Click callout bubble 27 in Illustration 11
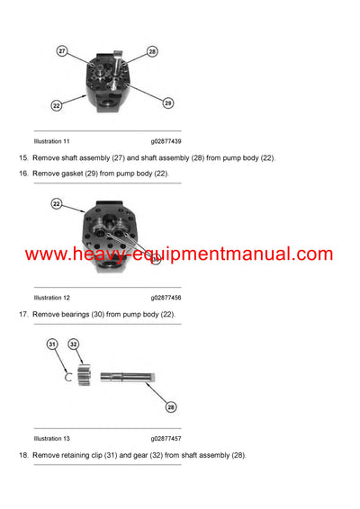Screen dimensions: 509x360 tap(63, 52)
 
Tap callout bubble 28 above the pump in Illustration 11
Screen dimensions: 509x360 tap(152, 52)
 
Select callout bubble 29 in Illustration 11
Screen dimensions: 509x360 tap(166, 103)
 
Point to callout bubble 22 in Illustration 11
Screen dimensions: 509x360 tap(56, 106)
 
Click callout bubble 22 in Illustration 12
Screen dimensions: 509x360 tap(56, 205)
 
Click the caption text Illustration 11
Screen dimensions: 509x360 tap(51, 142)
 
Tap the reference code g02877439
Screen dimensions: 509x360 tap(166, 142)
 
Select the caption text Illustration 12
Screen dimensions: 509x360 tap(51, 298)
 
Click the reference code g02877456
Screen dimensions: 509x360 tap(166, 298)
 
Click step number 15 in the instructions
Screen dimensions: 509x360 tap(23, 158)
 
